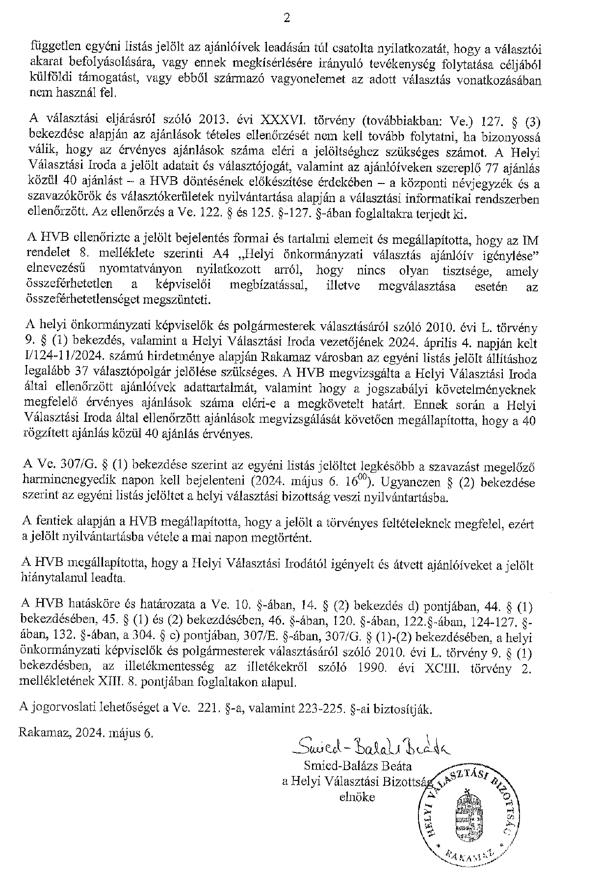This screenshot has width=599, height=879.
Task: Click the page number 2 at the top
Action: (287, 19)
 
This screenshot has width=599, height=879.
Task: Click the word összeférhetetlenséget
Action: (78, 299)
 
